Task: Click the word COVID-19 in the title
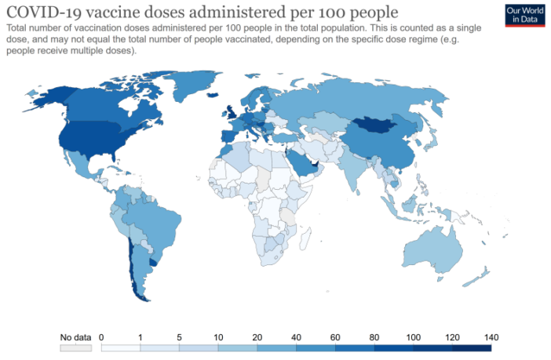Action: coord(42,13)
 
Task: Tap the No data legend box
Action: coord(76,347)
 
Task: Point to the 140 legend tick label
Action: coord(492,337)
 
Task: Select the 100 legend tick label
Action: coord(414,337)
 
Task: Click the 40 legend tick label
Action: coord(297,337)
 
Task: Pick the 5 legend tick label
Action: coord(180,337)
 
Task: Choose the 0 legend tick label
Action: coord(102,337)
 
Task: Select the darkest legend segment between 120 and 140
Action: coord(472,347)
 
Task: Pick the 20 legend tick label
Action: coord(257,337)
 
